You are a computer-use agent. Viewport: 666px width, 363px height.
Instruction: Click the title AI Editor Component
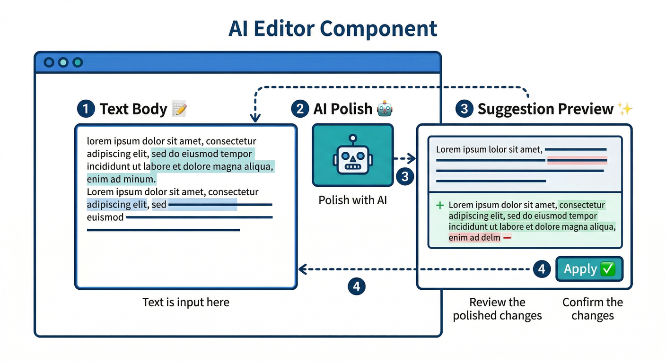[x=333, y=28]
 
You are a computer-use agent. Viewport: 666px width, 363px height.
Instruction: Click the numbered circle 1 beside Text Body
[x=86, y=109]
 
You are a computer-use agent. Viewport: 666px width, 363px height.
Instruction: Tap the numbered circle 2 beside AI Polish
[x=299, y=109]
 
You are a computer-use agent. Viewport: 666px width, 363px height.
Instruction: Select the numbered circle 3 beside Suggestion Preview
[x=464, y=109]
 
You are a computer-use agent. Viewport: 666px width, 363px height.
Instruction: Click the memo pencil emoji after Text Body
[x=179, y=109]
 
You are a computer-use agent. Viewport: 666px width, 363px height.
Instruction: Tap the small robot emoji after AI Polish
[x=385, y=109]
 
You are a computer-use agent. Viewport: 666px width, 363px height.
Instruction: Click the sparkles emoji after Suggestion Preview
[x=625, y=109]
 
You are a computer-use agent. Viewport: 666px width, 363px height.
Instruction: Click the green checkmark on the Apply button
[x=607, y=269]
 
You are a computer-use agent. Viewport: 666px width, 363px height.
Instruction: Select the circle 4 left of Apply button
[x=542, y=269]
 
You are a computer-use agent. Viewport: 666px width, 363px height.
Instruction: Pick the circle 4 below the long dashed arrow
[x=357, y=286]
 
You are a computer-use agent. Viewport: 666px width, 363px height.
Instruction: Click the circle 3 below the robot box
[x=405, y=177]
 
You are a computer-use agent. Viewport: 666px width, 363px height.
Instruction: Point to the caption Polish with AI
[x=352, y=200]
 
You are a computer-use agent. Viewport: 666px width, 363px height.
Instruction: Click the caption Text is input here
[x=186, y=302]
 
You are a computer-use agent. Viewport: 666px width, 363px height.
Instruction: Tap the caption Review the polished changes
[x=497, y=309]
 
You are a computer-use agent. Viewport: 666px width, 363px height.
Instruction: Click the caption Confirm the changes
[x=593, y=309]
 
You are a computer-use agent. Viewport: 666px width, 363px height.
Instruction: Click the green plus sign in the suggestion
[x=440, y=205]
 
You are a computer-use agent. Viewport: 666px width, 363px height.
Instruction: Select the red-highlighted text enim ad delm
[x=474, y=238]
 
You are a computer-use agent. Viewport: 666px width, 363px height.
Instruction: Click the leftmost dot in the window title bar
[x=49, y=62]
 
